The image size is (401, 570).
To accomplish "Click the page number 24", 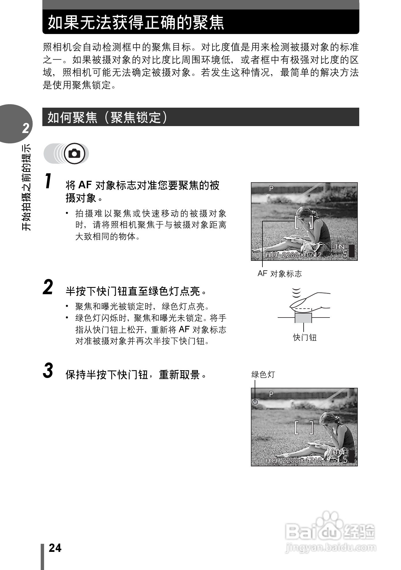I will tap(55, 548).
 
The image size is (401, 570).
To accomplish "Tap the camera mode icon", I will tap(75, 153).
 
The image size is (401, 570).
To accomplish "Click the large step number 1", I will tap(49, 181).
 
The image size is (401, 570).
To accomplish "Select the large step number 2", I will tap(48, 287).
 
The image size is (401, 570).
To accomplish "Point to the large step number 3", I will tap(48, 371).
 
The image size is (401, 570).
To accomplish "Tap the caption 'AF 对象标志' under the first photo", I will tap(279, 274).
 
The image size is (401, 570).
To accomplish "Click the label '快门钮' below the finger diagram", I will tap(305, 337).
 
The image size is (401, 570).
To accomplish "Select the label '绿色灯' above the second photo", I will tap(263, 375).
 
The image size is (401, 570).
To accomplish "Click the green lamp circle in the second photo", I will tap(255, 402).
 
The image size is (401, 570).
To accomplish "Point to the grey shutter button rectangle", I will tap(303, 318).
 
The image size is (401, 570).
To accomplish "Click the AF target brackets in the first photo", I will tap(304, 222).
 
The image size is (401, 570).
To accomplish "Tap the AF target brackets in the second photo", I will tap(304, 428).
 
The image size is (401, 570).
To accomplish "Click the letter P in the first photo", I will tap(271, 189).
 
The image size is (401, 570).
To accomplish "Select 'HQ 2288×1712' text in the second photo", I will tap(293, 460).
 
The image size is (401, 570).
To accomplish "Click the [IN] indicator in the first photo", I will tap(340, 247).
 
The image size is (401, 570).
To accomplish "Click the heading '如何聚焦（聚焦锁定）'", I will tap(107, 117).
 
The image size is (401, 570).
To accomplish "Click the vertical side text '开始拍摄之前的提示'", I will tap(26, 187).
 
